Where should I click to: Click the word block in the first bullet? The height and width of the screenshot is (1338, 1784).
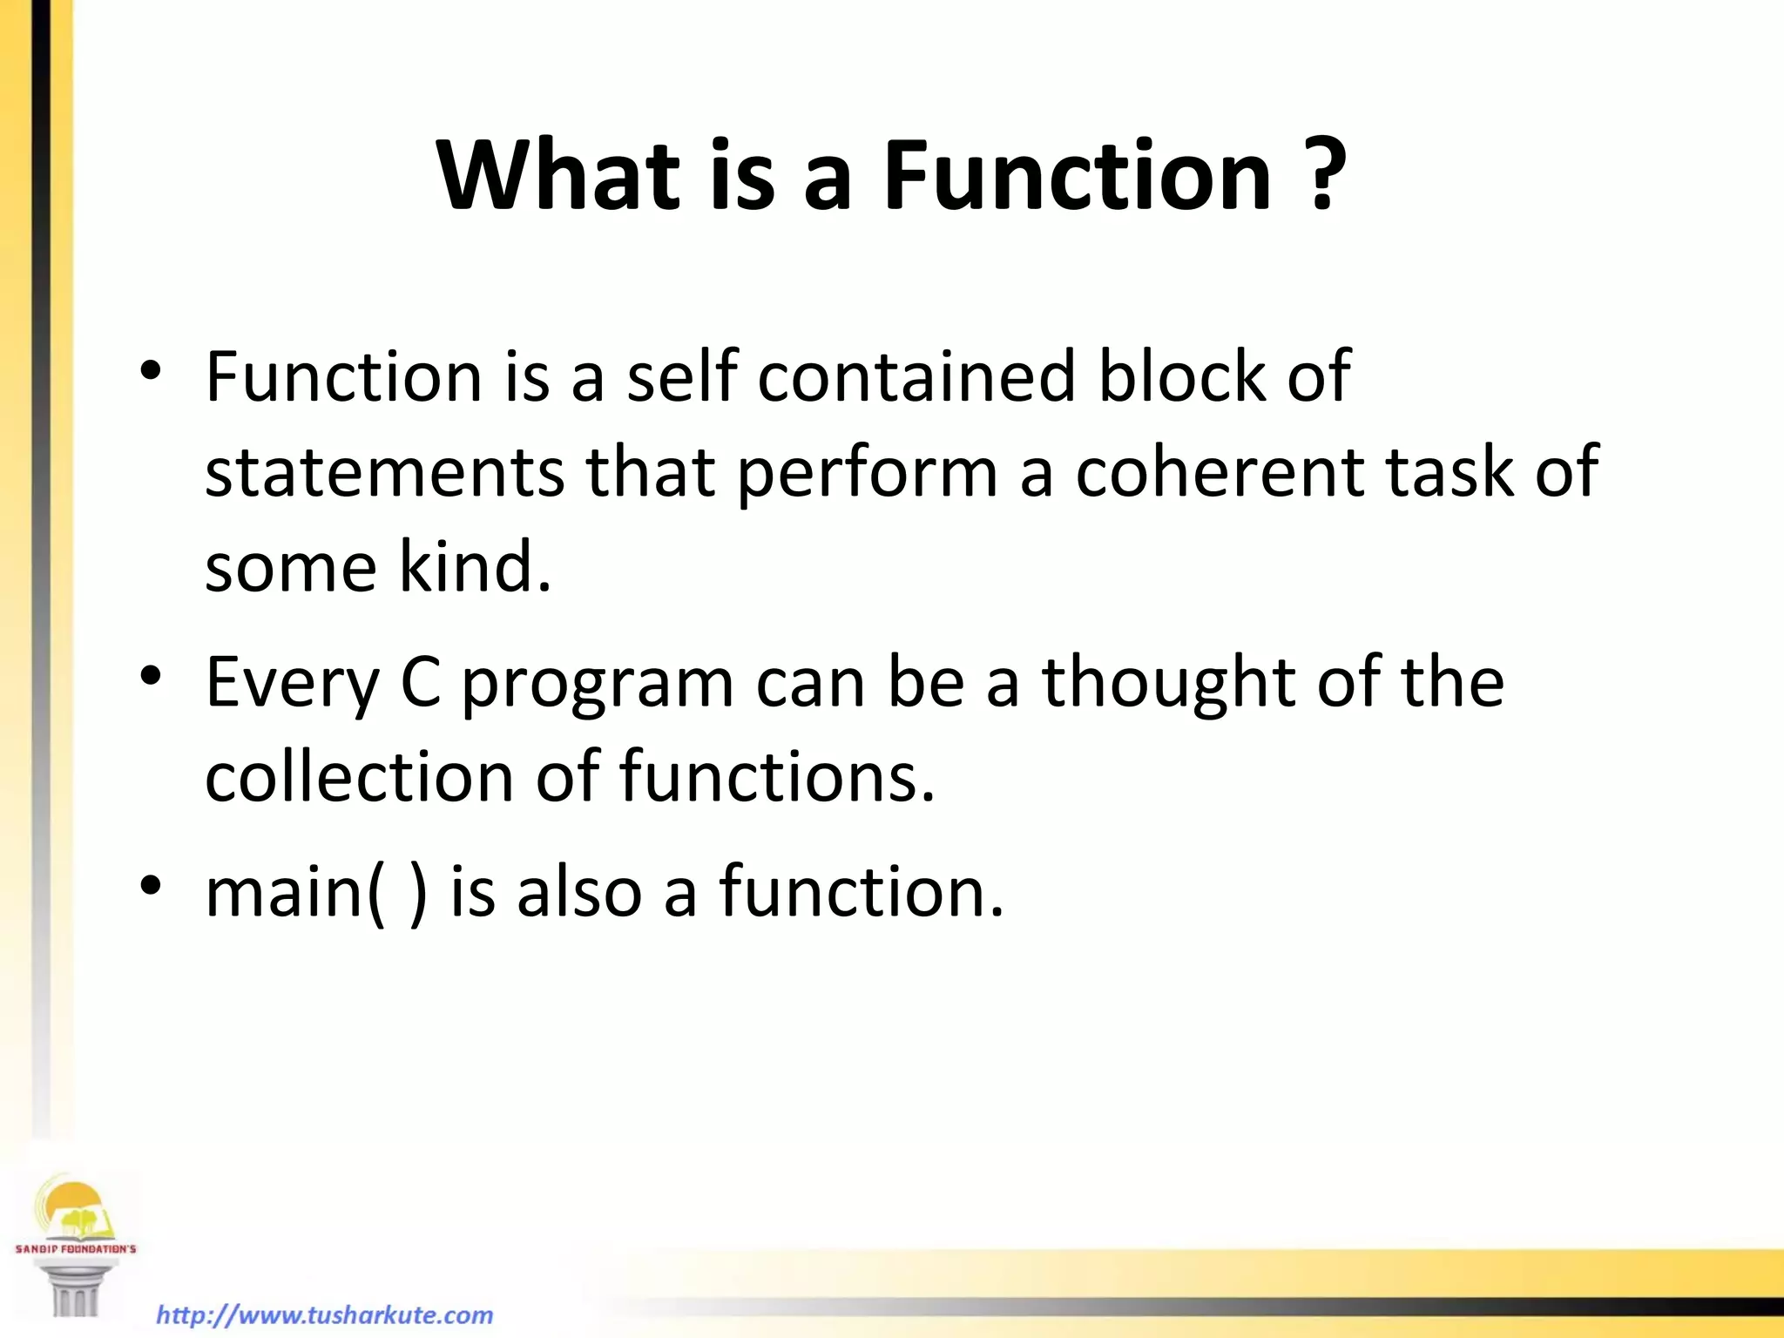pos(1181,376)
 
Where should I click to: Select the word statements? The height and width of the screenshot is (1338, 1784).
pos(384,471)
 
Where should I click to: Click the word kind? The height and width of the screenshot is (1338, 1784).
pos(475,566)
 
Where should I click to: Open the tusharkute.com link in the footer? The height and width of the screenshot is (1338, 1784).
pos(324,1314)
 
